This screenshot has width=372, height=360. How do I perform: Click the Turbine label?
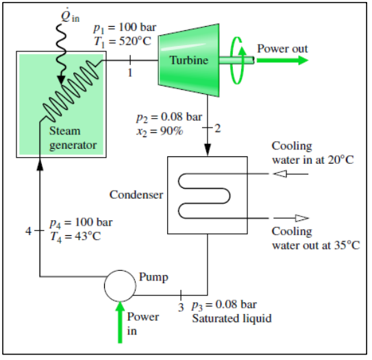pos(189,61)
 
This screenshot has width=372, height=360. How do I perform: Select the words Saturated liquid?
pos(232,318)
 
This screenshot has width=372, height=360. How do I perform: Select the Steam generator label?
pos(73,138)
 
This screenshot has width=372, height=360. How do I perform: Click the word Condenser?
pos(136,195)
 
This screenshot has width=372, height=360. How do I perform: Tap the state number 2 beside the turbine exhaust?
pos(219,128)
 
